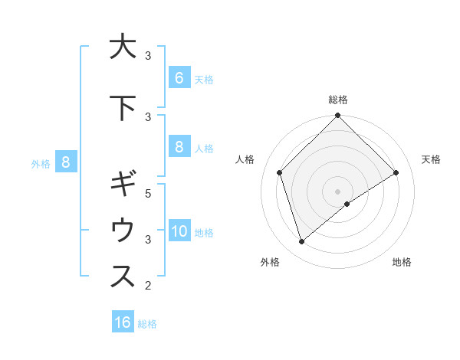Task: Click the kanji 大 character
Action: pyautogui.click(x=123, y=47)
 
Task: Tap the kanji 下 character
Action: pyautogui.click(x=123, y=108)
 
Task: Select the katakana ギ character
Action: pyautogui.click(x=123, y=185)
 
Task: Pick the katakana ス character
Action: pyautogui.click(x=123, y=277)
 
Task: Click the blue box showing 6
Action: pyautogui.click(x=179, y=77)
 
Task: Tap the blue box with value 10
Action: pyautogui.click(x=179, y=231)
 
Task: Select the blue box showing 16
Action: pyautogui.click(x=123, y=322)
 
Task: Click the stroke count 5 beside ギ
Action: pyautogui.click(x=148, y=193)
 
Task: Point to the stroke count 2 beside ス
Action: pyautogui.click(x=148, y=286)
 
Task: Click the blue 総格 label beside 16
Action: pyautogui.click(x=147, y=324)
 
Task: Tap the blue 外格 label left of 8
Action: pyautogui.click(x=41, y=163)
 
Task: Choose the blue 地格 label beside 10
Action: pyautogui.click(x=204, y=233)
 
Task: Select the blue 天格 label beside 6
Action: pyautogui.click(x=204, y=79)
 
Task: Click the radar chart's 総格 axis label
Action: pyautogui.click(x=338, y=100)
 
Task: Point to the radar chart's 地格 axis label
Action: pyautogui.click(x=402, y=263)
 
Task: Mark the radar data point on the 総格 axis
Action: pyautogui.click(x=338, y=116)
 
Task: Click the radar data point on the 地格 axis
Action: pyautogui.click(x=347, y=204)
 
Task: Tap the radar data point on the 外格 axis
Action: pyautogui.click(x=301, y=242)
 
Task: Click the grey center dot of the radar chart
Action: pyautogui.click(x=338, y=191)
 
